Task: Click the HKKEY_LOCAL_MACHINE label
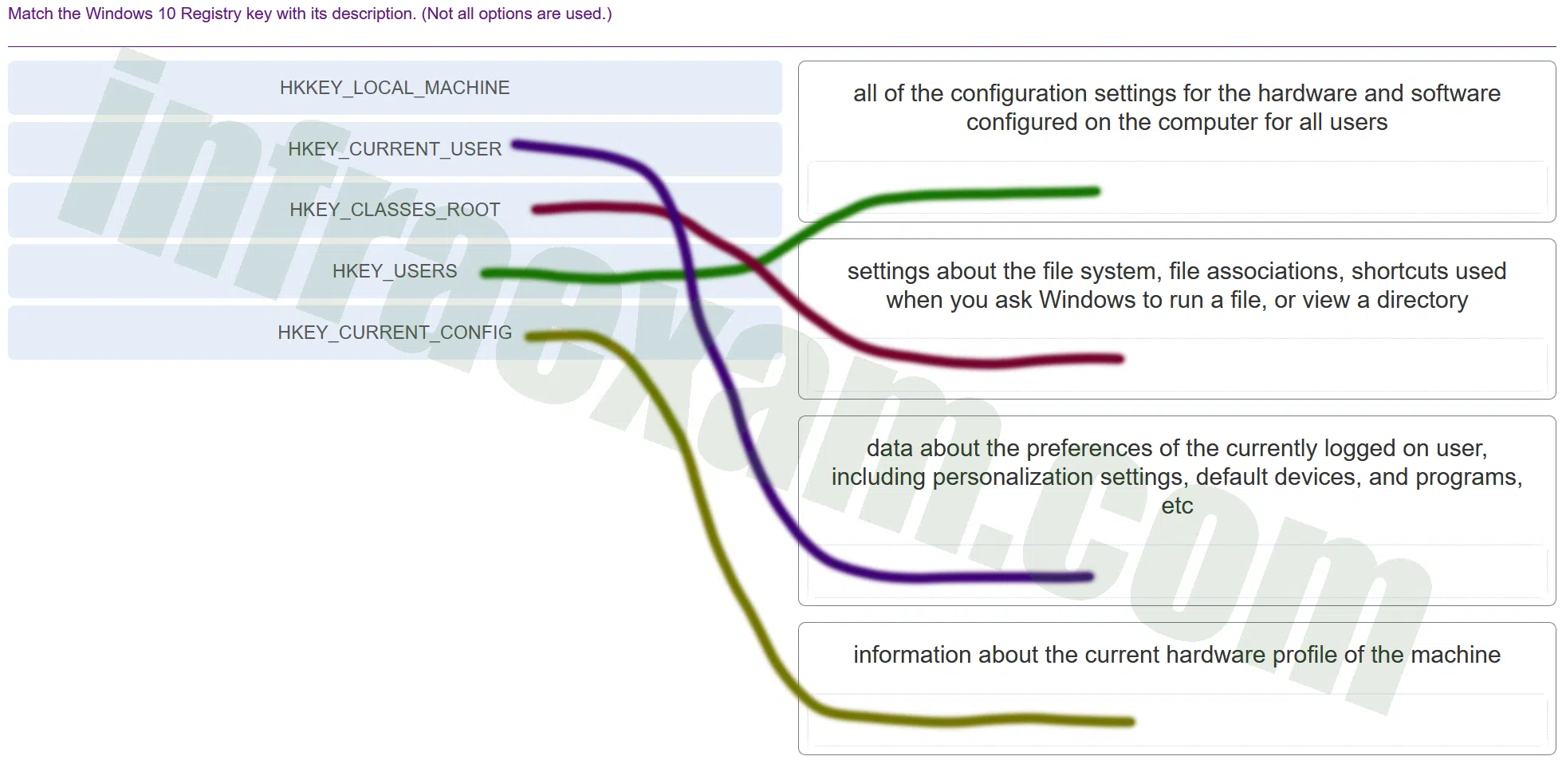click(x=395, y=88)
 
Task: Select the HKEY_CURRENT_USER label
click(x=395, y=149)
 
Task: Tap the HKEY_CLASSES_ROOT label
click(x=395, y=210)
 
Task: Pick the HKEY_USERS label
click(x=395, y=271)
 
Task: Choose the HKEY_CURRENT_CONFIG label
click(x=395, y=333)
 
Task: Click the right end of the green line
click(x=1096, y=191)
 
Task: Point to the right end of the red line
click(x=1119, y=359)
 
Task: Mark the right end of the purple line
click(x=1089, y=577)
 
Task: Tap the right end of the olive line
click(x=1131, y=722)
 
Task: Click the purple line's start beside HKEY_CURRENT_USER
click(x=515, y=144)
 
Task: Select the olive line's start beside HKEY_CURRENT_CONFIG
click(x=529, y=337)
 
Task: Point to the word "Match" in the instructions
click(x=30, y=14)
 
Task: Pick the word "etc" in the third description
click(x=1177, y=506)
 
